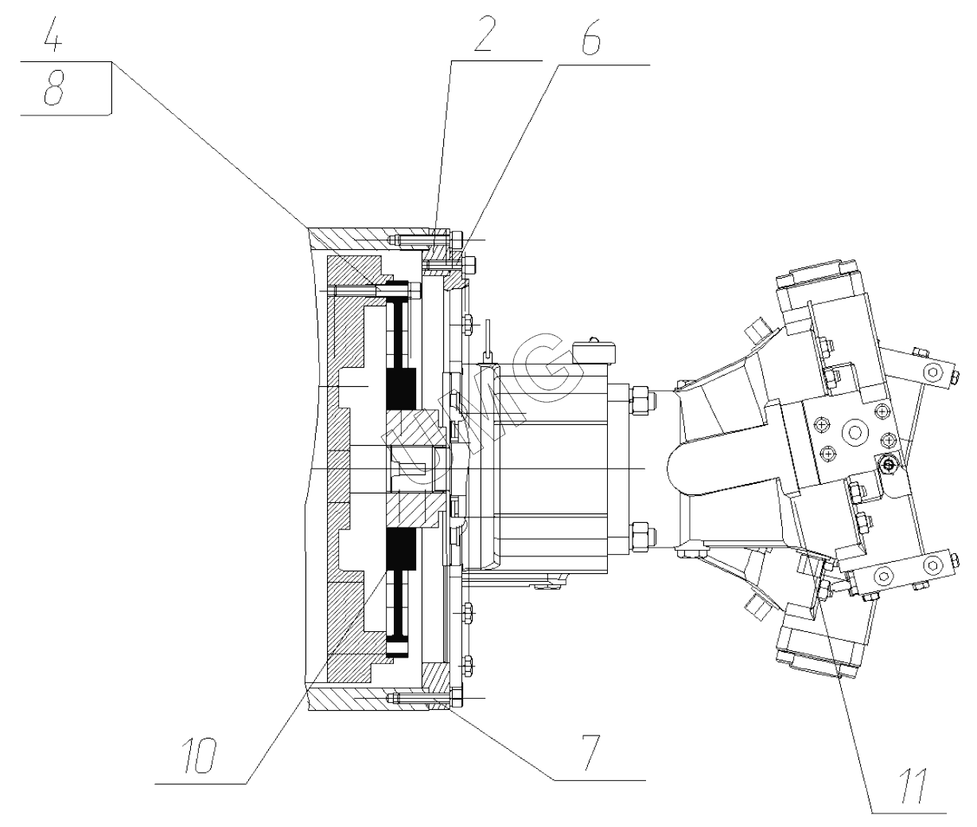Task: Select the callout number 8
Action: [53, 90]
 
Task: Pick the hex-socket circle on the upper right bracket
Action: [932, 372]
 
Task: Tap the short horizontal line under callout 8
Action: [65, 115]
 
